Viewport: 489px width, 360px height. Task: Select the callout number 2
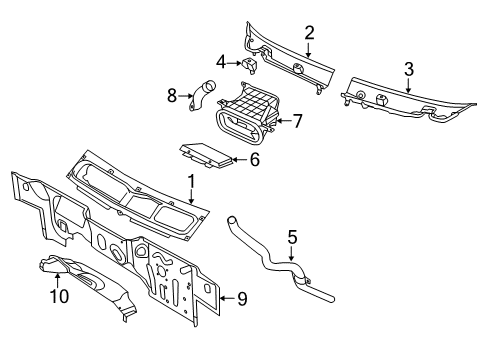pos(309,32)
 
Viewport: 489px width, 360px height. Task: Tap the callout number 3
pos(408,68)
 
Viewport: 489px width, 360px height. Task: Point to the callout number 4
pos(221,62)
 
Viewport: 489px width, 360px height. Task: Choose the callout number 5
pos(292,238)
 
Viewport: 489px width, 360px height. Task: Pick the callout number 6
pos(254,158)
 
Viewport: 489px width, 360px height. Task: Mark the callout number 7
pos(296,122)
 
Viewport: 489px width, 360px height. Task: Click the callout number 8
pos(172,96)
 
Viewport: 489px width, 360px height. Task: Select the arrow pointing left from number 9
pos(220,298)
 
